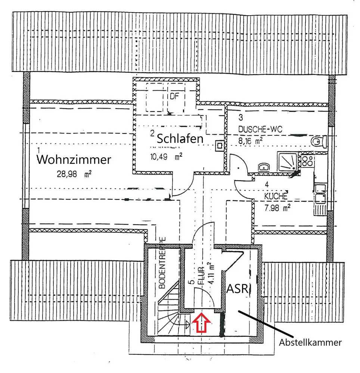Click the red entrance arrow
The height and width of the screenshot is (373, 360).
tap(201, 323)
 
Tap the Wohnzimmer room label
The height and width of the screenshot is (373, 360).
tap(74, 160)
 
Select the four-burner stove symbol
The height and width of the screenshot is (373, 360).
tap(308, 161)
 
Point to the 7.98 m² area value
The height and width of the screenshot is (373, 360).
tap(277, 208)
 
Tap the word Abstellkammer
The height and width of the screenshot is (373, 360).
tap(310, 342)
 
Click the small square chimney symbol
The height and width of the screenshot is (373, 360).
tap(220, 144)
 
